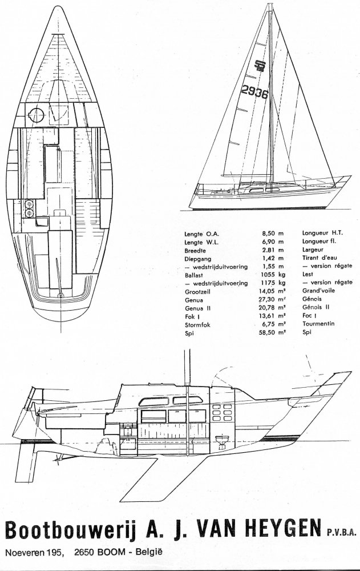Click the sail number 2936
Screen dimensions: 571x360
[254, 91]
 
